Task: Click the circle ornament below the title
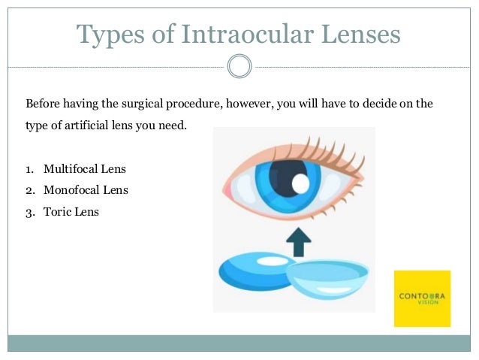pos(239,66)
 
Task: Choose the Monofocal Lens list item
pos(86,190)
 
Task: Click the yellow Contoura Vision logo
pos(422,298)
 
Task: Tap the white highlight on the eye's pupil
pos(300,183)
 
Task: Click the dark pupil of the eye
pos(285,176)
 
